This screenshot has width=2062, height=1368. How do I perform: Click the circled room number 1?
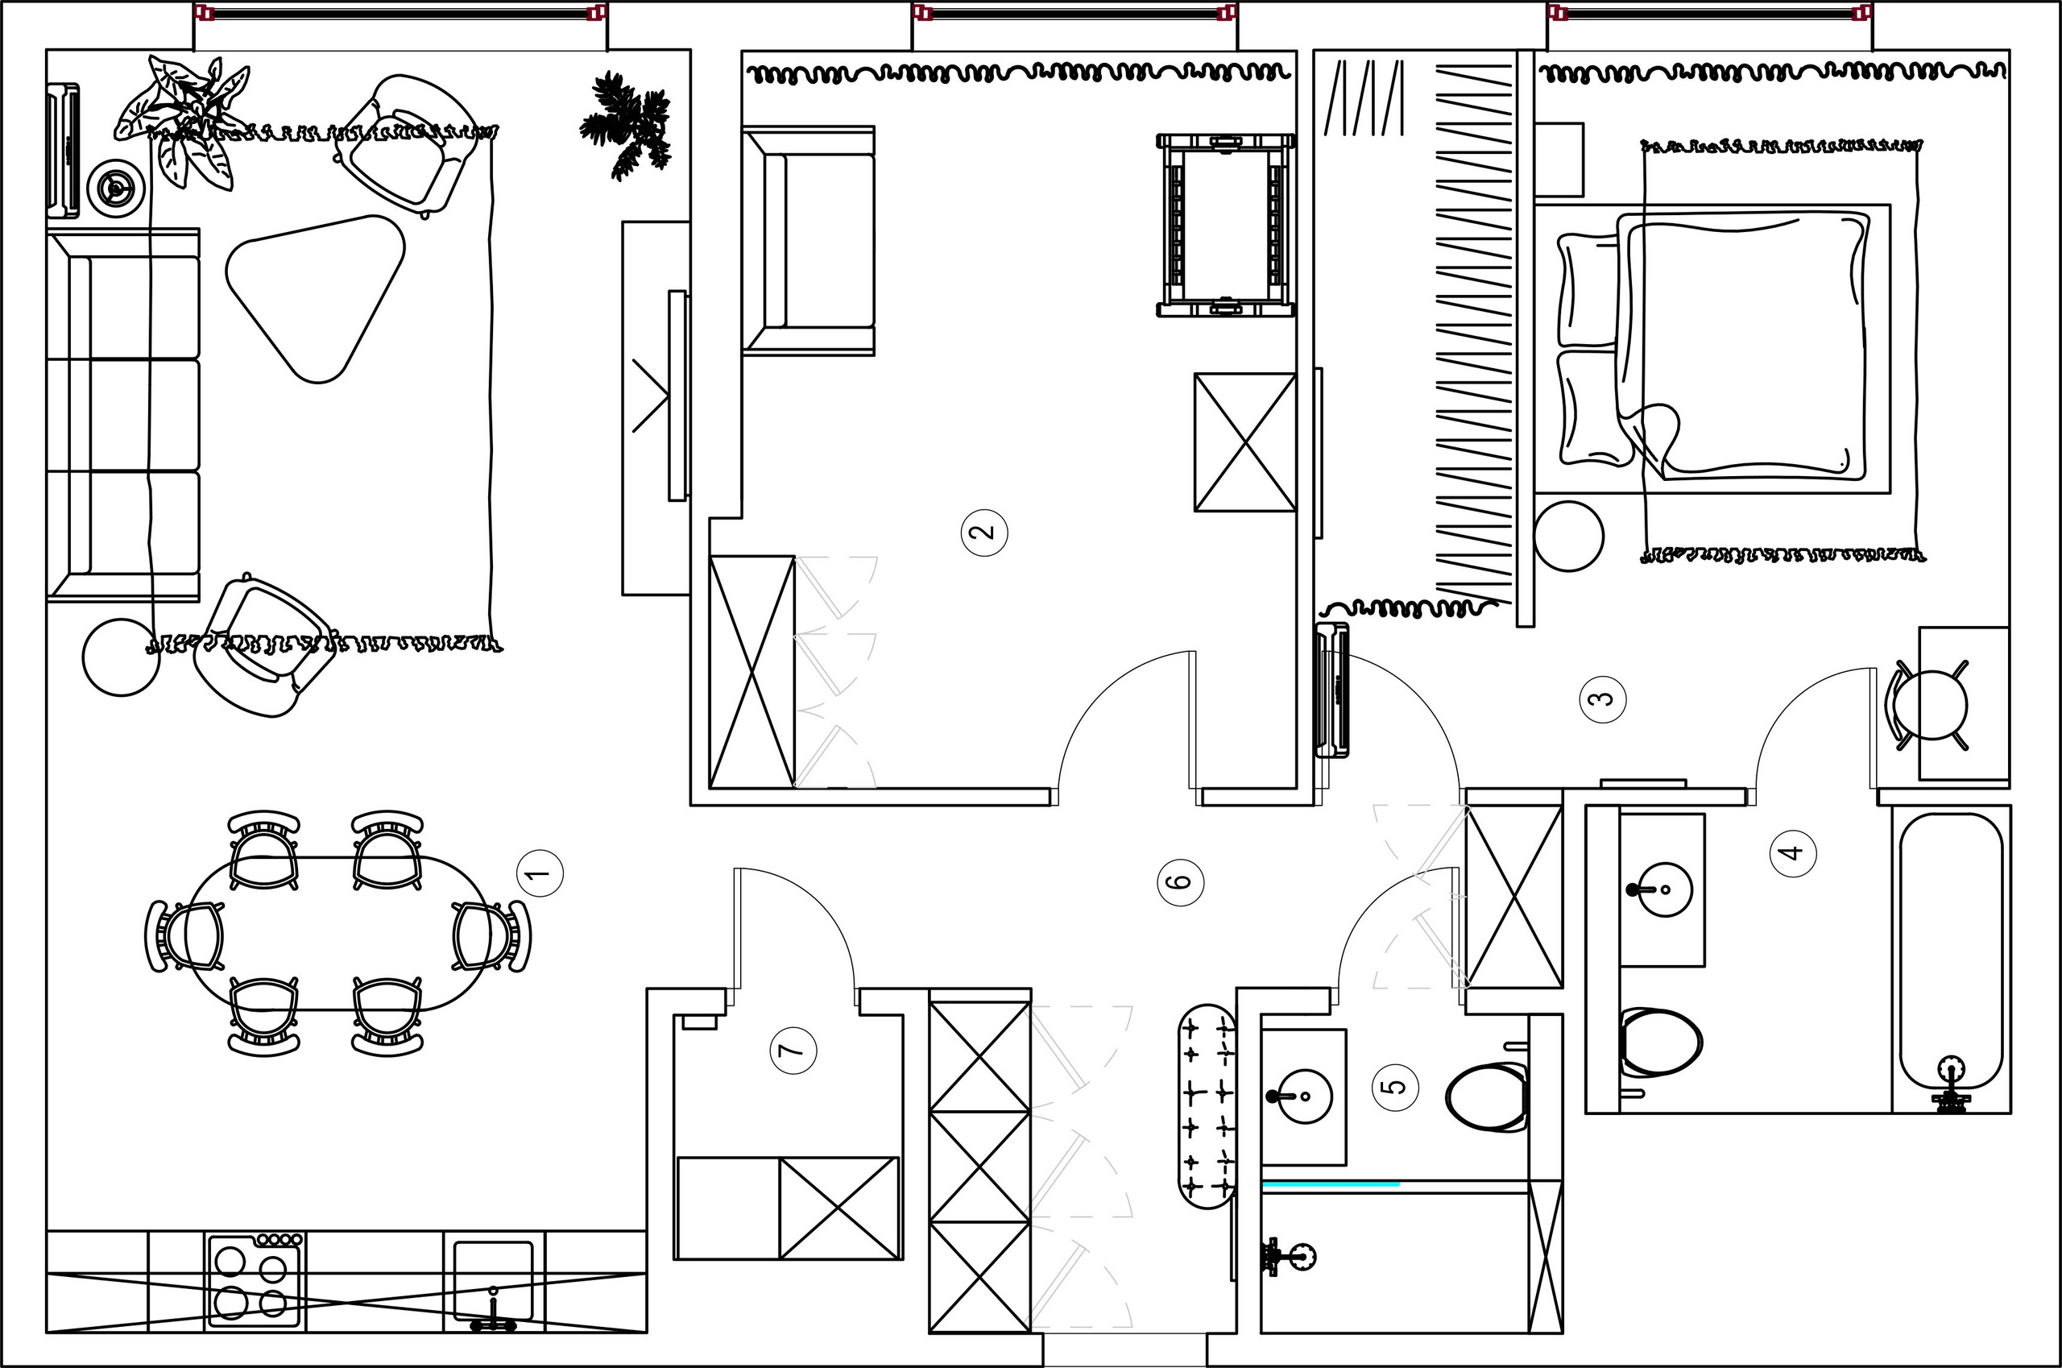click(540, 873)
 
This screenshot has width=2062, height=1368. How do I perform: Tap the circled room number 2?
click(984, 533)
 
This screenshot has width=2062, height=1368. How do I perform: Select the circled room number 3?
click(1603, 699)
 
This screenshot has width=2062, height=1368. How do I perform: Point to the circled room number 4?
click(1792, 852)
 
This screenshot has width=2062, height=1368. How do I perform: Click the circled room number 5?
click(1396, 1087)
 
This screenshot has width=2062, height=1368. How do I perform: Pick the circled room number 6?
click(1180, 881)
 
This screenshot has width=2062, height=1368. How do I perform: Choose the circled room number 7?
click(793, 1050)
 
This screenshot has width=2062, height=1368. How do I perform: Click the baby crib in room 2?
click(1225, 225)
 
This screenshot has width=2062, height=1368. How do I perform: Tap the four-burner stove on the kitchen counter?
click(255, 1281)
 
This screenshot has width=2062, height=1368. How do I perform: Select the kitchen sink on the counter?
click(494, 1283)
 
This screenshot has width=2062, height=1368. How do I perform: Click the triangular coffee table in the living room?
click(316, 297)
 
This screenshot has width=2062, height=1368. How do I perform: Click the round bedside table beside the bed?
click(1568, 537)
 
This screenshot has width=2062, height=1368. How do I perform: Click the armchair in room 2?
click(809, 241)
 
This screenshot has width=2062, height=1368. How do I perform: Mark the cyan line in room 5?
click(1331, 1184)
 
